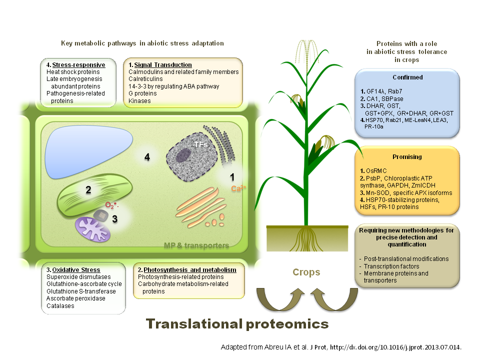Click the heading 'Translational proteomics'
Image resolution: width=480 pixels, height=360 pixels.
click(237, 324)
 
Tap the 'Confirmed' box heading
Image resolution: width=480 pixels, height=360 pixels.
click(407, 77)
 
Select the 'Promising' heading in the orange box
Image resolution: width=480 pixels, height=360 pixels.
click(407, 156)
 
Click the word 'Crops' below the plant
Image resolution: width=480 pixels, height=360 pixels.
click(306, 272)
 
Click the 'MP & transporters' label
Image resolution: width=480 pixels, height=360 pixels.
click(196, 245)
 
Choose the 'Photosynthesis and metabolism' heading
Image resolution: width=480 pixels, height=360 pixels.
click(187, 270)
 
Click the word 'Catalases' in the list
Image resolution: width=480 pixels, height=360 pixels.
click(60, 305)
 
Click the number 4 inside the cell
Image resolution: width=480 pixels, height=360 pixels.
click(147, 157)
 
